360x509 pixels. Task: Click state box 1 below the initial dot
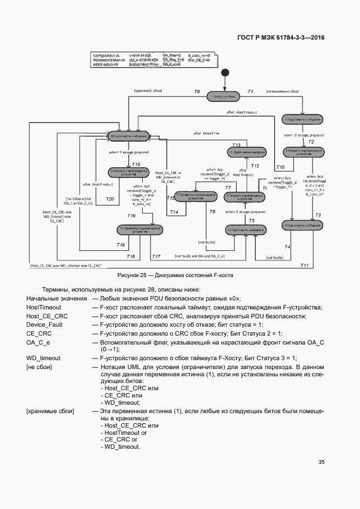pos(224,97)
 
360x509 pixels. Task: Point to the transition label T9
pos(196,91)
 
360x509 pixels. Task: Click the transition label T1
pos(250,91)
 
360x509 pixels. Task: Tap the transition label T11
pos(304,265)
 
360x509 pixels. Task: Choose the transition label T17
pos(156,256)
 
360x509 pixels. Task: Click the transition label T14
pos(173,212)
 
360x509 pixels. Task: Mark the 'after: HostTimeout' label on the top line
pos(241,113)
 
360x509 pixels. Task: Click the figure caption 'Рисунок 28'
pos(175,275)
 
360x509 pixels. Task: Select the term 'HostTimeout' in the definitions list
pos(43,308)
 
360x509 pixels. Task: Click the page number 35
pos(322,462)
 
